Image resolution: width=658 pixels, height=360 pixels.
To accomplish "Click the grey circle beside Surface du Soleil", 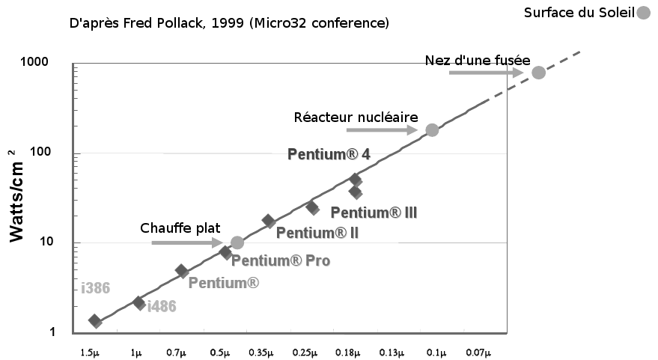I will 643,13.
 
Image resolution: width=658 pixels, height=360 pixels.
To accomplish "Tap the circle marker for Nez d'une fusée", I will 538,73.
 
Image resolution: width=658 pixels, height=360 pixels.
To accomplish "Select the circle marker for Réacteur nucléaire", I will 432,130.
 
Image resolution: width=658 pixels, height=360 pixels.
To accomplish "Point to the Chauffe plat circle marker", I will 237,242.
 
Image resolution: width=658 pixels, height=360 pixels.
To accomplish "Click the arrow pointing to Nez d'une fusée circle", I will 487,73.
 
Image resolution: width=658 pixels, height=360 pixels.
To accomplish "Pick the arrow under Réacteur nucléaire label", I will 382,130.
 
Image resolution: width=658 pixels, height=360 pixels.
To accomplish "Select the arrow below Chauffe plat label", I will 187,242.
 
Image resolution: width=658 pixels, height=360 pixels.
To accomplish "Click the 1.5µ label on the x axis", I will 89,352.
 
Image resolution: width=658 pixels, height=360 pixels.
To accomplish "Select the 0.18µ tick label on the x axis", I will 347,352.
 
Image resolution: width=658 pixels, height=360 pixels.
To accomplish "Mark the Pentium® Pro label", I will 281,261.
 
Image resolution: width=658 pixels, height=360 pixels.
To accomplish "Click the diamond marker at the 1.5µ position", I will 95,321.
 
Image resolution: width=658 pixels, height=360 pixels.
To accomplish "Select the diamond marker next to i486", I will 138,303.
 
